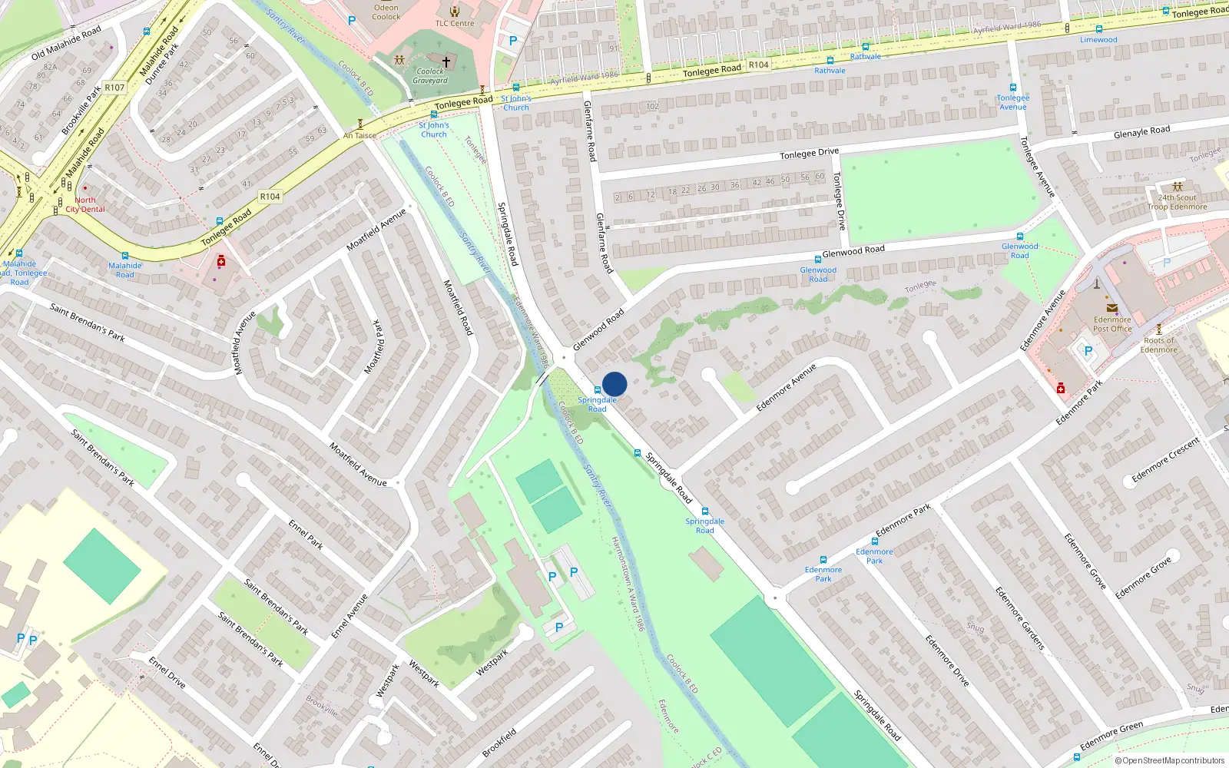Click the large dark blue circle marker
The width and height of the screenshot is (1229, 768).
tap(614, 384)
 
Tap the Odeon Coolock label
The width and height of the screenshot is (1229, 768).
tap(386, 12)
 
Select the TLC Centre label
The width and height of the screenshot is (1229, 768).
tap(455, 23)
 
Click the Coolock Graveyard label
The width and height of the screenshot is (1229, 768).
tap(430, 76)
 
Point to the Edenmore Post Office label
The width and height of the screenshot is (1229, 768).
tap(1112, 324)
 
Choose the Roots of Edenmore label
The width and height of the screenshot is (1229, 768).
tap(1159, 345)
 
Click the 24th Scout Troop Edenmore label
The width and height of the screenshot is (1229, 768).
tap(1177, 202)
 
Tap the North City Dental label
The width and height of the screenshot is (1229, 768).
tap(85, 204)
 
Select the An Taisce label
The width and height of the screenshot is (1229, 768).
tap(359, 136)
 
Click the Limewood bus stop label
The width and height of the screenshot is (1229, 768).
tap(1098, 40)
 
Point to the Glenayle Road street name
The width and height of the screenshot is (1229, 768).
tap(1141, 132)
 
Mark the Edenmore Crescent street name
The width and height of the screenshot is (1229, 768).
tap(1165, 460)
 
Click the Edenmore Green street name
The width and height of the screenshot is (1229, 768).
tap(1111, 737)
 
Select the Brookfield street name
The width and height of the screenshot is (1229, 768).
tap(499, 742)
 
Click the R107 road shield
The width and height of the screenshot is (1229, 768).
tap(114, 88)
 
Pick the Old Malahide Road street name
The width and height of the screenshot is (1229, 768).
tap(66, 43)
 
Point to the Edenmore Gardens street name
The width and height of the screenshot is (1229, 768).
tap(1020, 618)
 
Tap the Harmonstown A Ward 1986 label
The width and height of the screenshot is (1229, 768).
tap(628, 584)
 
